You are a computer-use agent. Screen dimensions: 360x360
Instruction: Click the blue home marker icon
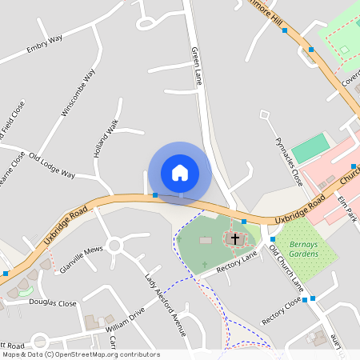click(x=180, y=172)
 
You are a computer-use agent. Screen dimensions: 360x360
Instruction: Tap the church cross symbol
click(x=234, y=238)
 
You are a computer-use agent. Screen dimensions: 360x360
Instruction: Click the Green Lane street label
click(x=198, y=66)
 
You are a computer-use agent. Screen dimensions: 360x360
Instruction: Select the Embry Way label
click(x=44, y=47)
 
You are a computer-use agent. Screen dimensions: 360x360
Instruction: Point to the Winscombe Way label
click(x=78, y=93)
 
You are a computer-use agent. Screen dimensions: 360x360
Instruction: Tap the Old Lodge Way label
click(x=52, y=165)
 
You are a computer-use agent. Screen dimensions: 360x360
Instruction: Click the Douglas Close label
click(x=53, y=304)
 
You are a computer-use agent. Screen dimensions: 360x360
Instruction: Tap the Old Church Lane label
click(x=286, y=269)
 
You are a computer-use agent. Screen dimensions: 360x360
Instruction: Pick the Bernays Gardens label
click(x=304, y=249)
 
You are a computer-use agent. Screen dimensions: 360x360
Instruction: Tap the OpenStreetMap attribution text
click(x=80, y=354)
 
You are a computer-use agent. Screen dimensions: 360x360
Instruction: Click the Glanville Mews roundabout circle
click(x=114, y=245)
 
